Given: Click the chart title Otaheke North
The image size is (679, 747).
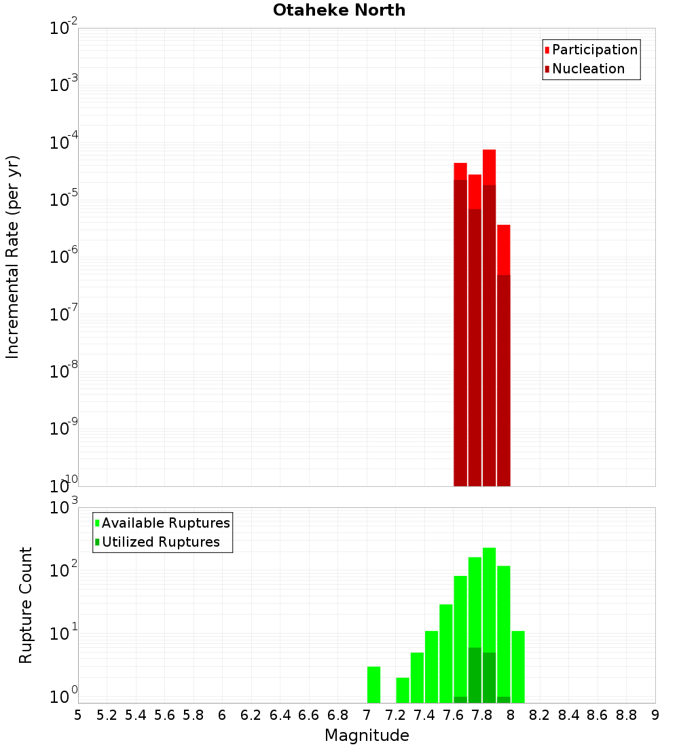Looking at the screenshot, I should (x=339, y=10).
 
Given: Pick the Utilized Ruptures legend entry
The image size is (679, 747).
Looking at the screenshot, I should (x=160, y=542).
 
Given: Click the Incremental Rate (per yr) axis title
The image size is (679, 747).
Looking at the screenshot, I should (x=13, y=257).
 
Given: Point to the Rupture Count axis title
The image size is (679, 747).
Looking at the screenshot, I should (x=26, y=605).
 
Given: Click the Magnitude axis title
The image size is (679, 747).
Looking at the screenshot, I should (x=367, y=735).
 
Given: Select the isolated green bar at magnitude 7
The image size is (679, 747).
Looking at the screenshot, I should (x=373, y=685).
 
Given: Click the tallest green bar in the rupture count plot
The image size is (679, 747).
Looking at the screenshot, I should (x=489, y=625).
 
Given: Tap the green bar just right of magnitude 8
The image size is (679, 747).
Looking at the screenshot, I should (x=518, y=666).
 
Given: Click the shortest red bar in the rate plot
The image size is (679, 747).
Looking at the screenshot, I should (x=503, y=353).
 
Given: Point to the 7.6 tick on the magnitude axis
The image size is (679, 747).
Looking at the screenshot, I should (x=453, y=715).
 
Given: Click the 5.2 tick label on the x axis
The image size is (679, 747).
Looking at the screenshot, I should (x=107, y=715).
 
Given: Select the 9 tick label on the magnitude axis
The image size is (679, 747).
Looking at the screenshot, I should (x=655, y=715).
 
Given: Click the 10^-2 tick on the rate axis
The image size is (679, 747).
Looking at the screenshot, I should (x=64, y=29).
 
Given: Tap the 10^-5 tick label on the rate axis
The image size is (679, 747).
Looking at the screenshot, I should (x=64, y=200).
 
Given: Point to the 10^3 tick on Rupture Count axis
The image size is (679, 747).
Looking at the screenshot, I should (x=64, y=507).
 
